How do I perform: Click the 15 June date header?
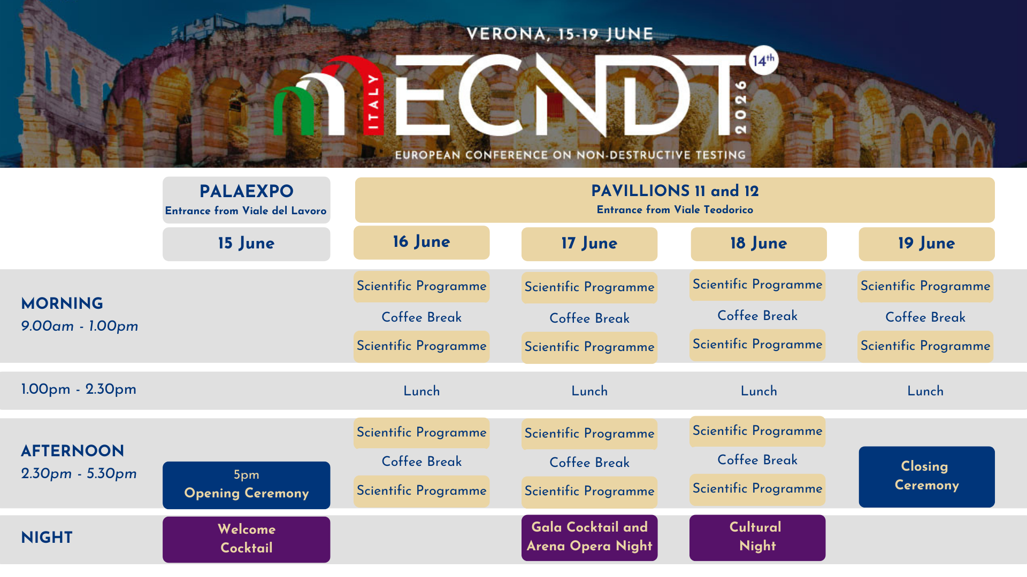point(246,244)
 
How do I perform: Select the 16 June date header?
point(421,243)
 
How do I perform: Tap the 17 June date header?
point(589,244)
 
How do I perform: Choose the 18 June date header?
point(758,244)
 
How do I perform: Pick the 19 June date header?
point(926,244)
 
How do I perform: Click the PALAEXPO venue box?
point(246,200)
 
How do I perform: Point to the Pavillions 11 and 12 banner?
point(675,200)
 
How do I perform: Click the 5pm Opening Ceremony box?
point(246,485)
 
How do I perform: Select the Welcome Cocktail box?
point(246,539)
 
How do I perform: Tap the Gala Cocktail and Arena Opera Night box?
point(589,537)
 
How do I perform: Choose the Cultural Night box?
point(757,537)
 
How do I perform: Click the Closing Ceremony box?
point(926,477)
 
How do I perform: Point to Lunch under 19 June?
point(925,391)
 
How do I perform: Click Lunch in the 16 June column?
point(421,391)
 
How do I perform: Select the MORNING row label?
point(62,303)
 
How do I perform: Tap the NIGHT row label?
point(47,537)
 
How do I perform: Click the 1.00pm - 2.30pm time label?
point(79,389)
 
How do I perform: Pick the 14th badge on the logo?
point(763,60)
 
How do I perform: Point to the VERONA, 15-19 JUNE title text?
point(560,34)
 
